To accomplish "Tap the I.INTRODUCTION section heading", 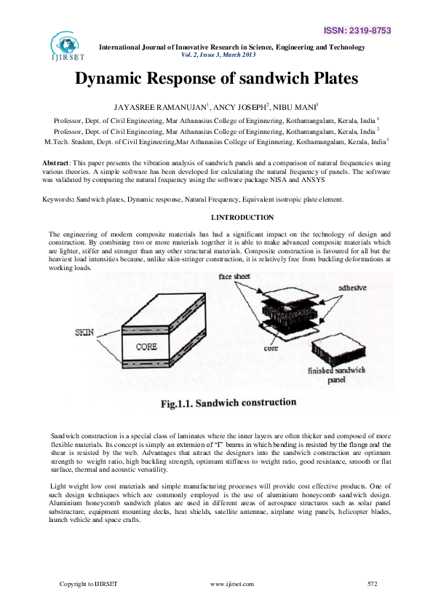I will tap(242, 218).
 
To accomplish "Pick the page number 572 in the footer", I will tap(373, 584).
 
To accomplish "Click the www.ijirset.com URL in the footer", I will tap(231, 584).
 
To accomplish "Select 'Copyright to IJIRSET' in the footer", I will tap(88, 584).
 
